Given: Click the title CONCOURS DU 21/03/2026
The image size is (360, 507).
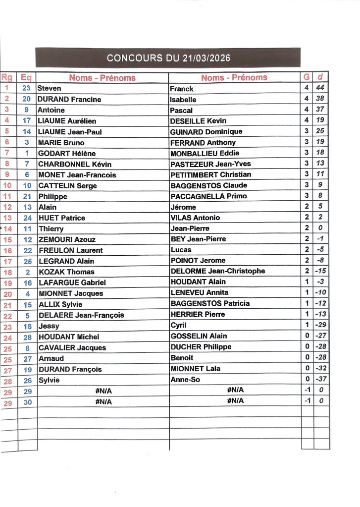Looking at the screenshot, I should point(168,58).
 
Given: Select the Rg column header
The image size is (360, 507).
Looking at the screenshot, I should point(7,77).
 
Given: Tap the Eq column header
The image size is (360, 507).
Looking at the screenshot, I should point(26,77).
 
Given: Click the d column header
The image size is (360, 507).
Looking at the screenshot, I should point(320,77).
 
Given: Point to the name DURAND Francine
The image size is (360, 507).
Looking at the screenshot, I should point(69,99).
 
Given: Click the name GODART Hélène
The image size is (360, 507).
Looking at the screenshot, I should point(67,153).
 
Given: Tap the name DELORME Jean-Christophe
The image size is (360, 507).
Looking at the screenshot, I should point(217,271).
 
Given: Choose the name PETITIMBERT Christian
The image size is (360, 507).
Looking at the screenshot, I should point(210,174).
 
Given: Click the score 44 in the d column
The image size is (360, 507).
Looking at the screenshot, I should point(320,88).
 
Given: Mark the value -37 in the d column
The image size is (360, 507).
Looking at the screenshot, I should point(320,379).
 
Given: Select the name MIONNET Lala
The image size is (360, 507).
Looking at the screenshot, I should point(196,368).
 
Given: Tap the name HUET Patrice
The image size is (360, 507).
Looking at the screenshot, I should point(62,218).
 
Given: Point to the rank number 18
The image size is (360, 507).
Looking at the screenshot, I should point(7,272).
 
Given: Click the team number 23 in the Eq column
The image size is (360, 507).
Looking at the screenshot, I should point(27,88).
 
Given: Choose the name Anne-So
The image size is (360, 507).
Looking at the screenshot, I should point(184,379).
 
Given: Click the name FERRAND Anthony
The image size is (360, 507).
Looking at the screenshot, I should point(203,142).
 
